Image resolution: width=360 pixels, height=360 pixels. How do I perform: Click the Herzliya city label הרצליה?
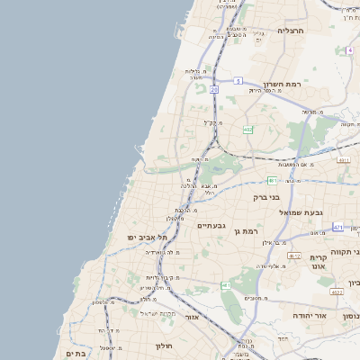tap(292, 31)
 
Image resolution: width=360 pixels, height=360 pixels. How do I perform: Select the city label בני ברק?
tap(265, 196)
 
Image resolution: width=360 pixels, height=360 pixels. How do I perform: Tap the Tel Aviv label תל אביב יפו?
tap(143, 237)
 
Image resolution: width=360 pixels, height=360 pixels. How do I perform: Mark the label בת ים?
tap(74, 354)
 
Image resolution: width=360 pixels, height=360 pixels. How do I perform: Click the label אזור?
tap(193, 318)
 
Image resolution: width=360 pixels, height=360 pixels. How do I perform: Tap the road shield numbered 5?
tap(238, 80)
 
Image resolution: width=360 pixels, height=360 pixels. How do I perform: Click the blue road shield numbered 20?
tap(214, 90)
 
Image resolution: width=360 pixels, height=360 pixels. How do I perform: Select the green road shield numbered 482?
tap(247, 130)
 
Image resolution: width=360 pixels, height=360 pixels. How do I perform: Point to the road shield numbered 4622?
tap(337, 292)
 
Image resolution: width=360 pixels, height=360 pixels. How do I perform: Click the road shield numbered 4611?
tap(343, 159)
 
